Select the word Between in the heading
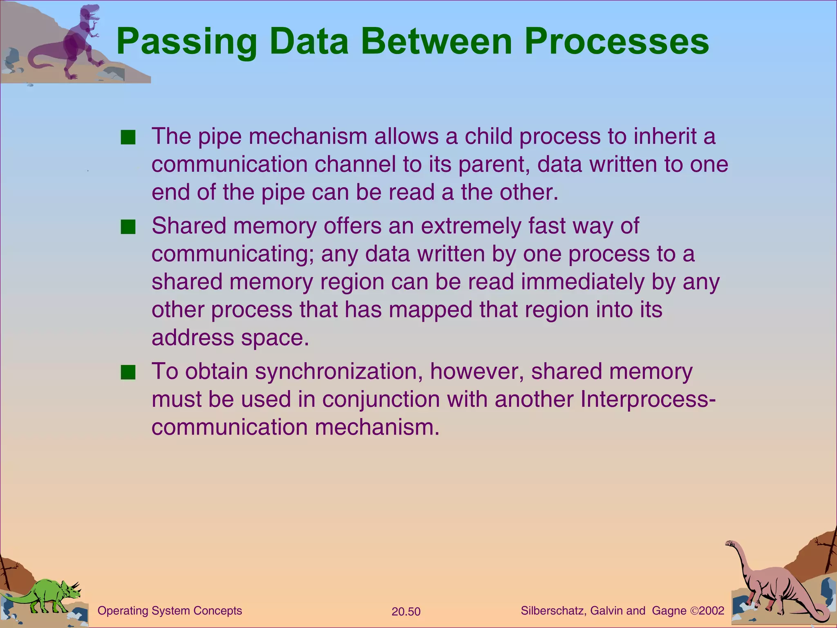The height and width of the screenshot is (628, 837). click(x=436, y=42)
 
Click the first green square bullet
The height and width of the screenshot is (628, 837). click(x=128, y=137)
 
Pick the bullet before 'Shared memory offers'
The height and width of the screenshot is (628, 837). click(x=128, y=227)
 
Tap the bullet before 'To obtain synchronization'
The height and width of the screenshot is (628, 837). click(x=128, y=372)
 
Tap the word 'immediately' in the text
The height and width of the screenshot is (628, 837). click(x=579, y=282)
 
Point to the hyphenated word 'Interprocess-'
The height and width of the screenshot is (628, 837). click(x=648, y=399)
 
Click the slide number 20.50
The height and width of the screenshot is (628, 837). click(x=406, y=612)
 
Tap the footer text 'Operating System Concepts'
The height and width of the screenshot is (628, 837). click(x=170, y=611)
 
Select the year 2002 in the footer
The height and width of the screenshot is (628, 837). click(x=712, y=611)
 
